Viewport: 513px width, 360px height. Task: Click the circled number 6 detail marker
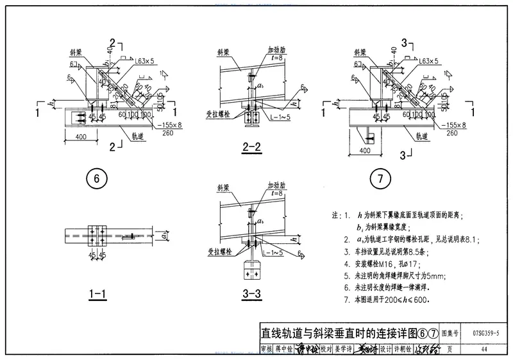[x=96, y=180]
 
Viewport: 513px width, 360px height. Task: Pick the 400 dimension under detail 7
[x=365, y=150]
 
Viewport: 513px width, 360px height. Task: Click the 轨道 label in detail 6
[x=139, y=136]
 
